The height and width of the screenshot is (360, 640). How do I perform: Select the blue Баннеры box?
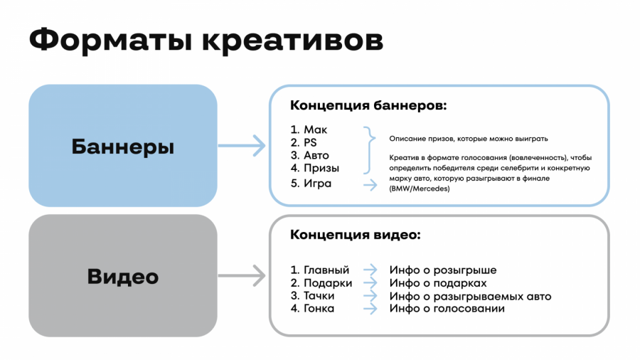click(122, 147)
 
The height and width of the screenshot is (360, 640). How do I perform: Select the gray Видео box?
click(122, 276)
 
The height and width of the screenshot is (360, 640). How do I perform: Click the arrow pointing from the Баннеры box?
click(242, 147)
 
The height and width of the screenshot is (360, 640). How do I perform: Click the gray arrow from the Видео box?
click(242, 275)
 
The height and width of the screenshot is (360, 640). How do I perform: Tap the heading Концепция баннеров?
click(368, 106)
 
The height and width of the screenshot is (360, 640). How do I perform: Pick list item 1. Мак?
click(309, 129)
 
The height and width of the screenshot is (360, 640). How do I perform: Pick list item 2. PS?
click(304, 142)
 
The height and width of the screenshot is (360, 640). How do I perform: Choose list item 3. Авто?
click(310, 155)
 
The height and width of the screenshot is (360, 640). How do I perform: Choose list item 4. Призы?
click(315, 169)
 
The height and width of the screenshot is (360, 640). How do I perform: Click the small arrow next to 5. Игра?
click(370, 184)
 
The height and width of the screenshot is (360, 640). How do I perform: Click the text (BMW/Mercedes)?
click(420, 189)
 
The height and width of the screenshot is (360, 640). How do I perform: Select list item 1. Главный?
click(320, 270)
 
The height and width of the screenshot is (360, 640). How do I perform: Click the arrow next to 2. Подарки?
click(370, 283)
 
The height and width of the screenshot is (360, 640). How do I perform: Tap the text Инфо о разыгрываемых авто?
click(470, 296)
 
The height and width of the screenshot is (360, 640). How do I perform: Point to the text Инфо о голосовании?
click(447, 309)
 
